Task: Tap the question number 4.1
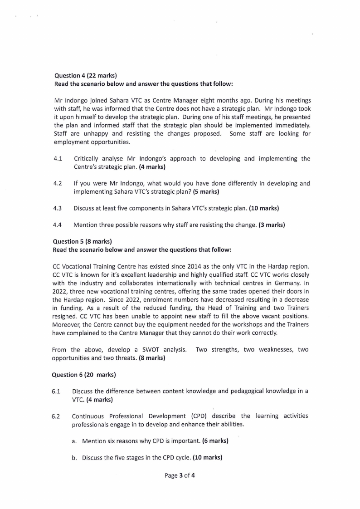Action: tap(58, 159)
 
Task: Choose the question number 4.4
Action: tap(58, 225)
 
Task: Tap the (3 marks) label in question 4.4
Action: tap(272, 225)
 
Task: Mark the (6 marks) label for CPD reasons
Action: tap(215, 441)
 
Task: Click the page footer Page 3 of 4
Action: tap(180, 476)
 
